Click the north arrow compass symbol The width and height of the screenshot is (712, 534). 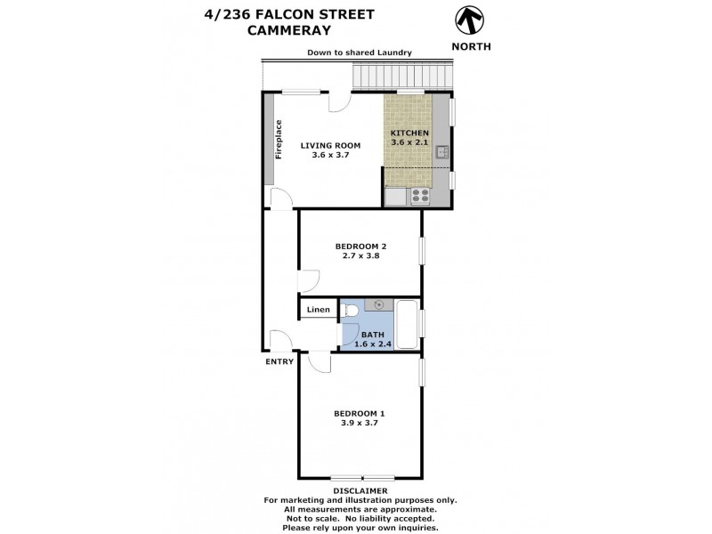pos(470,20)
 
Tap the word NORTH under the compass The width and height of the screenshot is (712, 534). pos(470,45)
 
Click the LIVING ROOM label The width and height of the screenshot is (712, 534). pos(329,145)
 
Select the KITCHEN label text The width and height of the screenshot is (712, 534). pos(410,133)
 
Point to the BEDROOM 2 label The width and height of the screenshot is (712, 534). pos(360,246)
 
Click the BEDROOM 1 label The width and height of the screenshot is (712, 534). pos(360,413)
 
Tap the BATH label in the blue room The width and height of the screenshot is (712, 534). pos(372,335)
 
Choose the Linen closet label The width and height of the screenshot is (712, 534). pos(319,310)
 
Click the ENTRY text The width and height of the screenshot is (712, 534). pos(279,361)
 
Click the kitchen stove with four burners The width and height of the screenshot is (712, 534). pos(419,197)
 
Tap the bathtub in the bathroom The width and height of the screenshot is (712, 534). pos(407,325)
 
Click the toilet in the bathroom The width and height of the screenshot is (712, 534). pos(351,311)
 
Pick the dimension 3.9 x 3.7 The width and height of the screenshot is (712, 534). pos(360,423)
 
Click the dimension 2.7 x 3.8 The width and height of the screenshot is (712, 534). pos(360,255)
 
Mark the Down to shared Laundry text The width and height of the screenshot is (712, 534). pos(360,53)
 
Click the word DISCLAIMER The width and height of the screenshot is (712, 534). pos(360,490)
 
